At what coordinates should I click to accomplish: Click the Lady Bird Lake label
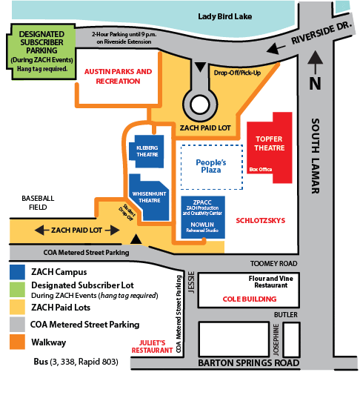[224, 17]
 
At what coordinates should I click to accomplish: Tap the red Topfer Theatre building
[270, 147]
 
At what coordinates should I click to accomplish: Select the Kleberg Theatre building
[147, 151]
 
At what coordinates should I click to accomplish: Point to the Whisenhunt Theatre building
[150, 197]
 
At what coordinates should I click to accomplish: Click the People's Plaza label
[211, 166]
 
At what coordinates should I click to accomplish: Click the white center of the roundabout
[200, 105]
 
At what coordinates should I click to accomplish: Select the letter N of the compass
[315, 83]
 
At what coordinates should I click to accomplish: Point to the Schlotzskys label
[260, 221]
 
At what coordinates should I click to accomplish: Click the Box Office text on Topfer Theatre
[261, 169]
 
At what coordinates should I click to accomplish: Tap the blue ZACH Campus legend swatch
[17, 272]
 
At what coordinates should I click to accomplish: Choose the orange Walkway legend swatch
[17, 342]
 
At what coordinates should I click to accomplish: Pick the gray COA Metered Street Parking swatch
[17, 325]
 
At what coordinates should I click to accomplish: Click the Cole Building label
[250, 299]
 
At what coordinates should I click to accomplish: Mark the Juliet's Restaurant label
[152, 347]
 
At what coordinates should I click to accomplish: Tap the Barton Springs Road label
[249, 363]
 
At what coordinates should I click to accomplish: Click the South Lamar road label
[316, 156]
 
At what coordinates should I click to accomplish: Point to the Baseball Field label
[38, 203]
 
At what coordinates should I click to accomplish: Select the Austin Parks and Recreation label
[119, 76]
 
